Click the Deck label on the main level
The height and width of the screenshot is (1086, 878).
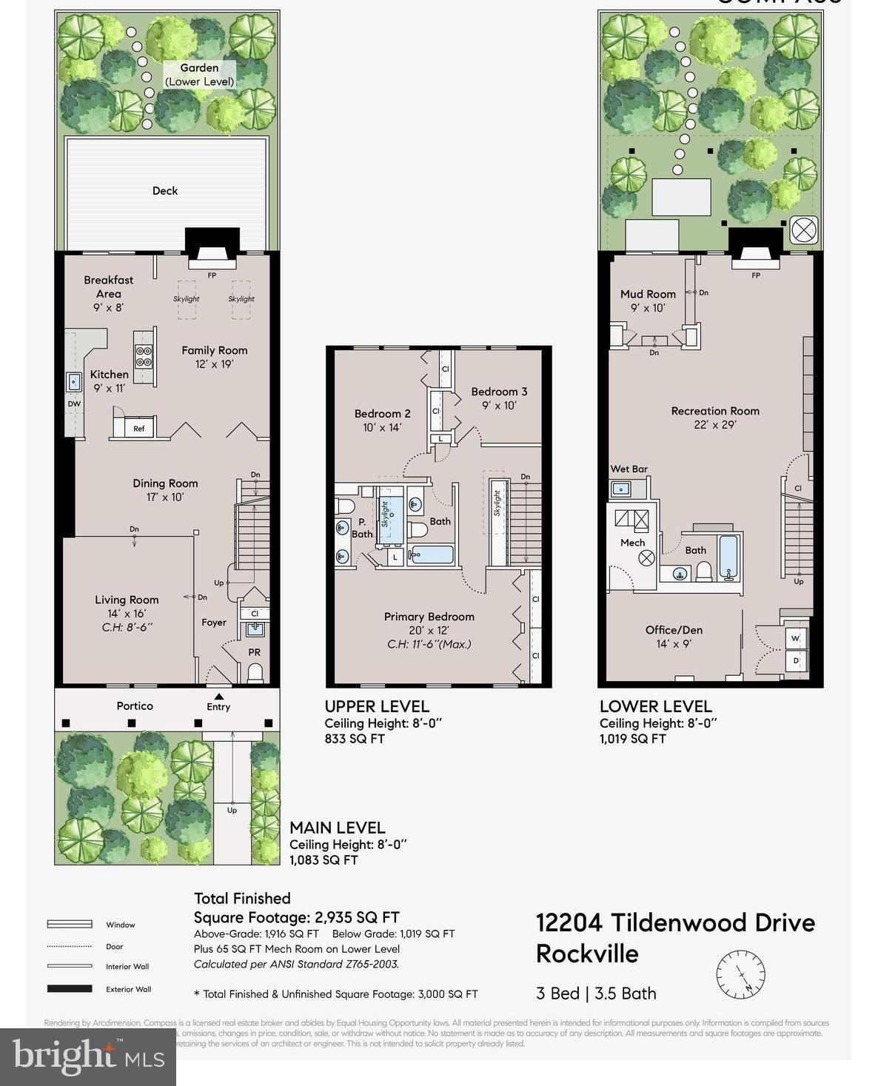point(164,191)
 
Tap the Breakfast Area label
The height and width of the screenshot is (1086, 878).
point(108,286)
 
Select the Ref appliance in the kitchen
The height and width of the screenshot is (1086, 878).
point(138,429)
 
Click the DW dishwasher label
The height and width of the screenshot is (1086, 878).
point(74,404)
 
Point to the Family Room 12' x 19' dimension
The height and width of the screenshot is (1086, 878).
point(215,364)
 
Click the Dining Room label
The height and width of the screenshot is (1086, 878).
point(165,483)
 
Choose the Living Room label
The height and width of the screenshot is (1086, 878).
point(127,600)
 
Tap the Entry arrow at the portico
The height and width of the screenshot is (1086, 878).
point(218,697)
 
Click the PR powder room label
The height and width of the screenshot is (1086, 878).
point(254,652)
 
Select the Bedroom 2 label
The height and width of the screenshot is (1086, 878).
point(382,414)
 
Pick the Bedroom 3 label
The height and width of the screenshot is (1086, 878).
point(499,392)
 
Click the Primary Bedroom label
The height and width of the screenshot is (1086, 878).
point(429,617)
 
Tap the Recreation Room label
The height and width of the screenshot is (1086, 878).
point(715,411)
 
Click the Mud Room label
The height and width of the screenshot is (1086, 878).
point(648,294)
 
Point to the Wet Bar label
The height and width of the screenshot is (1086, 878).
point(629,469)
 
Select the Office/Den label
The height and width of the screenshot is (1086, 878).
point(674,630)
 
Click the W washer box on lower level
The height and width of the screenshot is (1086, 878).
point(796,638)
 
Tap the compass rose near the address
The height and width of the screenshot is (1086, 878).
point(740,973)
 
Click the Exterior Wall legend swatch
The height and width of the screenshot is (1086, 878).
point(70,989)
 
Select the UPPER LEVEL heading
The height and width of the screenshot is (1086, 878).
point(377,706)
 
